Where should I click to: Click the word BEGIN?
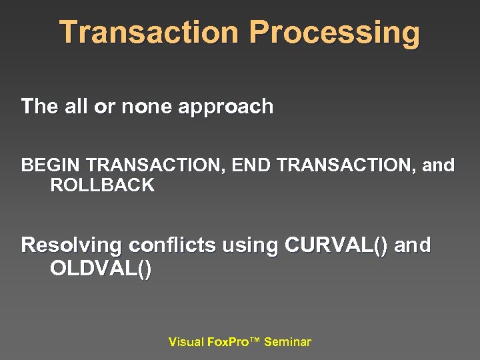(51, 165)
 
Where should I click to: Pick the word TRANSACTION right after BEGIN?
(157, 165)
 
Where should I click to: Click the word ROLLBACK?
(102, 186)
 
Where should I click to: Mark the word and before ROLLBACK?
(439, 165)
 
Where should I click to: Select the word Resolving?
(71, 246)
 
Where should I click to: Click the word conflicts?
(172, 245)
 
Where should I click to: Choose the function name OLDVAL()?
(101, 269)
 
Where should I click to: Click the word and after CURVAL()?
(413, 245)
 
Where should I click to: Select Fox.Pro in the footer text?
(229, 342)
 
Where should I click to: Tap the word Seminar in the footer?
(287, 342)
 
